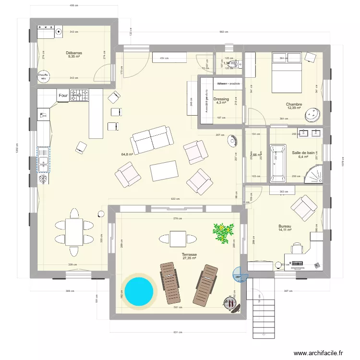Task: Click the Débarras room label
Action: coord(74,53)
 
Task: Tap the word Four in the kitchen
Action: coord(63,96)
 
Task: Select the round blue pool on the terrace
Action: coord(139,290)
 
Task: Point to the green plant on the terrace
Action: coord(223,232)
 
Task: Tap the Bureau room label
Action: coord(285,226)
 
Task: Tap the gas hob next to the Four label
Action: coord(80,96)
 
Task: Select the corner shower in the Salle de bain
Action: coord(314,172)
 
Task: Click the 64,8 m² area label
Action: coord(127,155)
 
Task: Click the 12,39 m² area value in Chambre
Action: coord(294,108)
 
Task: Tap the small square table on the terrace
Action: coord(178,239)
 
